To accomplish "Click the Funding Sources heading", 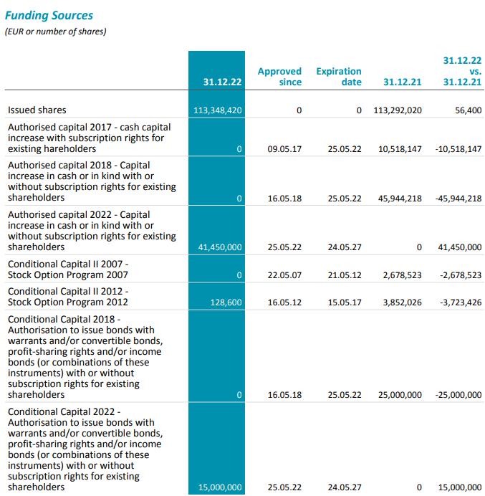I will pyautogui.click(x=49, y=15).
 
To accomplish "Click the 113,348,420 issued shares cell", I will pyautogui.click(x=219, y=110).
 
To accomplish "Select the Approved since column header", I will pyautogui.click(x=279, y=77).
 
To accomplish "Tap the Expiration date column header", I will pyautogui.click(x=339, y=77).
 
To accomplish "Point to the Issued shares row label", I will pyautogui.click(x=37, y=110).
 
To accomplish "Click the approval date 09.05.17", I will pyautogui.click(x=284, y=149).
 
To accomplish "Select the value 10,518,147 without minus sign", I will pyautogui.click(x=398, y=149).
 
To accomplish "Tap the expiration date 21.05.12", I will pyautogui.click(x=345, y=275).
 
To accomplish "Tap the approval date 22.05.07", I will pyautogui.click(x=284, y=275).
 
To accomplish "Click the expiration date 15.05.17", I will pyautogui.click(x=345, y=303).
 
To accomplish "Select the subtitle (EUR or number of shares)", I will pyautogui.click(x=56, y=32).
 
